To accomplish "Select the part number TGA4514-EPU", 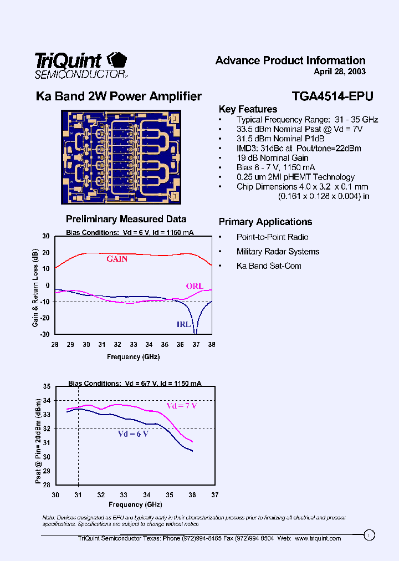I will pyautogui.click(x=332, y=96).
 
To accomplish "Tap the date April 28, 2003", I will pyautogui.click(x=339, y=72).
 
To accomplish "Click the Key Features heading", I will pyautogui.click(x=248, y=109).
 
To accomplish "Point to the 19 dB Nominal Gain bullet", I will pyautogui.click(x=272, y=158).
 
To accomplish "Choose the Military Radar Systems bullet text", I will pyautogui.click(x=278, y=252).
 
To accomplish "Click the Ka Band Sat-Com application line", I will pyautogui.click(x=269, y=266).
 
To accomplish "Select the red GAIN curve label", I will pyautogui.click(x=117, y=259).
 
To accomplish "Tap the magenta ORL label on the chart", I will pyautogui.click(x=195, y=286).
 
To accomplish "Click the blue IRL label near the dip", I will pyautogui.click(x=184, y=324).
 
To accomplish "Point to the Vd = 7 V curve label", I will pyautogui.click(x=181, y=406).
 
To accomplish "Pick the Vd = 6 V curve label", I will pyautogui.click(x=132, y=433).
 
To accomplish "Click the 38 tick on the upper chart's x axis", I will pyautogui.click(x=211, y=345).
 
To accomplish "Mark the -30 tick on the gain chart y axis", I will pyautogui.click(x=44, y=334).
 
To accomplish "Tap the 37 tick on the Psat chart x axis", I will pyautogui.click(x=215, y=495).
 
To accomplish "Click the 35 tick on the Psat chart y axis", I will pyautogui.click(x=47, y=386).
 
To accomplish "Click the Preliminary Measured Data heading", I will pyautogui.click(x=126, y=220).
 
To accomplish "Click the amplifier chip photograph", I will pyautogui.click(x=121, y=157).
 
